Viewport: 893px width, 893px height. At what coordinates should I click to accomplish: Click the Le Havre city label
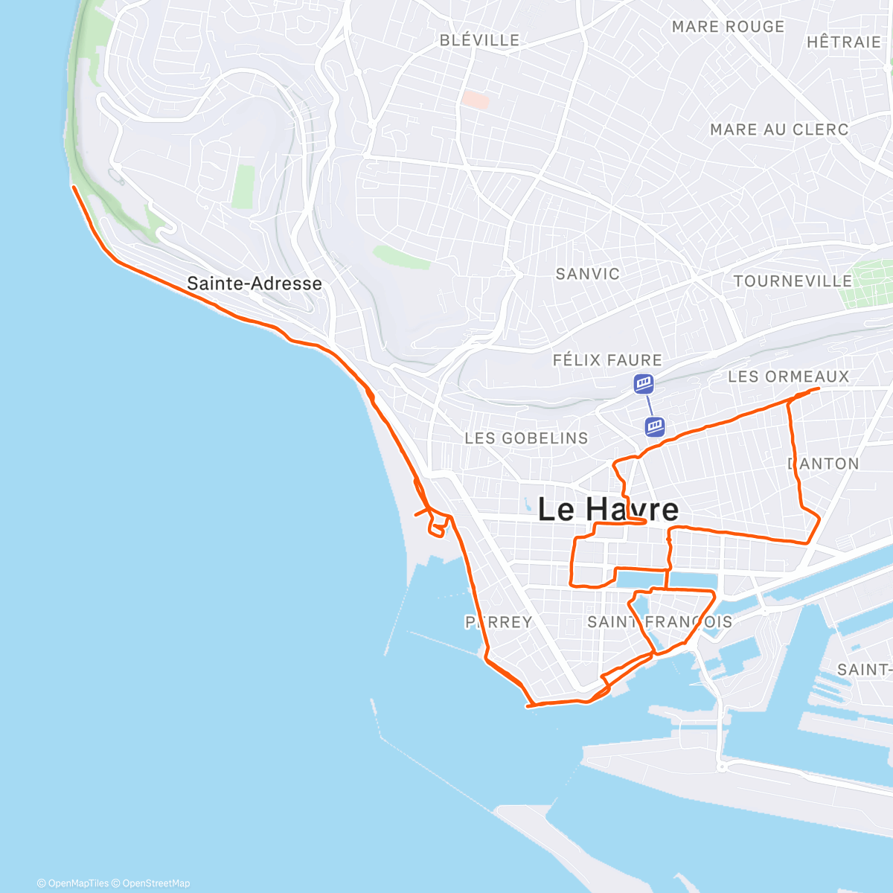[608, 510]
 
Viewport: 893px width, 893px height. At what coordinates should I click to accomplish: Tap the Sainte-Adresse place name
[255, 284]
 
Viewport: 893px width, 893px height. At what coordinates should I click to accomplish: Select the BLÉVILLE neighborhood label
[479, 40]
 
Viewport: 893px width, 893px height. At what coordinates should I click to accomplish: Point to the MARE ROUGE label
[728, 27]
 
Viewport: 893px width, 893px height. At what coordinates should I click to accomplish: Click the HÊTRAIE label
[843, 42]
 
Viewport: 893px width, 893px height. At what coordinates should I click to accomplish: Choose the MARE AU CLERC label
[779, 129]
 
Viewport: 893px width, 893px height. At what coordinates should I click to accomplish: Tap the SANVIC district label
[587, 274]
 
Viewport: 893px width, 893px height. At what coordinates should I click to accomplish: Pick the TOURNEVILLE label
[793, 281]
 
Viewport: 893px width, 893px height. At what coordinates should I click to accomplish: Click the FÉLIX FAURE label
[607, 360]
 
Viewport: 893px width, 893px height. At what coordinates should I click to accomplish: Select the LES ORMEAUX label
[788, 377]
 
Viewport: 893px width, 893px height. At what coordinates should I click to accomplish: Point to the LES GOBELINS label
[526, 438]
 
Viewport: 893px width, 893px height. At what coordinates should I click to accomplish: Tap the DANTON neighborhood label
[824, 464]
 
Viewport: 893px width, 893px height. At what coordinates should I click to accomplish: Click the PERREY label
[499, 622]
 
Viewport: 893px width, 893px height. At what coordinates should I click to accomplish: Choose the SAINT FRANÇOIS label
[659, 622]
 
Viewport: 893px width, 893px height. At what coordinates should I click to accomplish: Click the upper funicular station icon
[644, 384]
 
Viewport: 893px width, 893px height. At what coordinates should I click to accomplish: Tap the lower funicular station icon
[654, 426]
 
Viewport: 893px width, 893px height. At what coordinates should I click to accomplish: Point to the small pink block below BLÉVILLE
[475, 99]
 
